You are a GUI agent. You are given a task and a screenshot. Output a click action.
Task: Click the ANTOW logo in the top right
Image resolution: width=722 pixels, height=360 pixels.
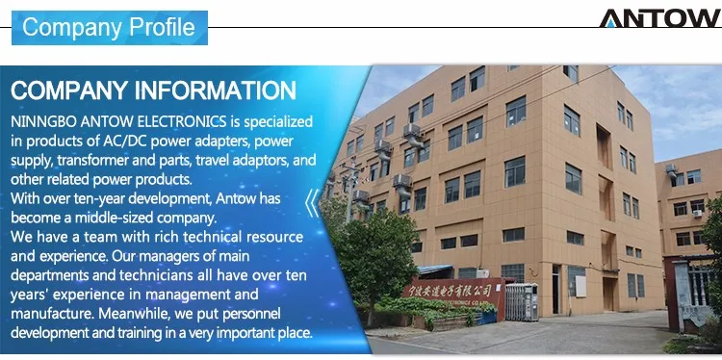click(x=659, y=18)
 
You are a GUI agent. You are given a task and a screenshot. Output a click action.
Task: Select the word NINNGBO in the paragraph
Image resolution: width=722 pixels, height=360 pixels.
click(x=43, y=123)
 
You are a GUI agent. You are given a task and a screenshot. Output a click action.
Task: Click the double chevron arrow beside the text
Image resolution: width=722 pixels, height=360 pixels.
click(x=313, y=203)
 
